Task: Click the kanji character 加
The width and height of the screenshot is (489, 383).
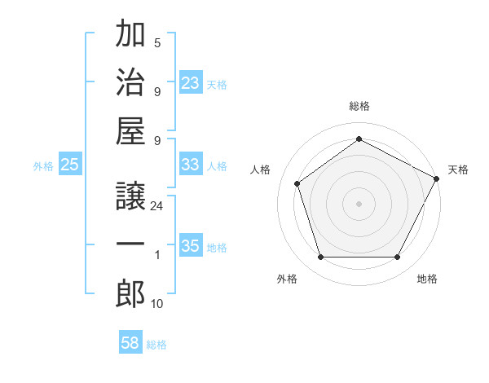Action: coord(130,36)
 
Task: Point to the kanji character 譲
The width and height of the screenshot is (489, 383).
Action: coord(130,197)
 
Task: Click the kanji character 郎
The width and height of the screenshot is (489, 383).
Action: coord(130,293)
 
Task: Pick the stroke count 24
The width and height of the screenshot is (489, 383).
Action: coord(157,206)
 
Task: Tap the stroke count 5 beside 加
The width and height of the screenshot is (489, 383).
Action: coord(157,42)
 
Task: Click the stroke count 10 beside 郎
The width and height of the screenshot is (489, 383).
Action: coord(157,303)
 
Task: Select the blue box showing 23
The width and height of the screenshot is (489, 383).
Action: coord(191,82)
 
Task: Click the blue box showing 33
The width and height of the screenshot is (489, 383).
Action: coord(191,164)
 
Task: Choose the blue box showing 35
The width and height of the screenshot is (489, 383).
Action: coord(191,246)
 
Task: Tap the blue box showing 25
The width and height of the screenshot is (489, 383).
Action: coord(70,165)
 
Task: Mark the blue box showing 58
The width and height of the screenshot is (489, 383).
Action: coord(130,343)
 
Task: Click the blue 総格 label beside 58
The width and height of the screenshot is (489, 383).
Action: coord(156,345)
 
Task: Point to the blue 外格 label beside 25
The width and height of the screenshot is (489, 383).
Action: coord(43,166)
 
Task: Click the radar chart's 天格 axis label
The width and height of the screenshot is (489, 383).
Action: coord(458,169)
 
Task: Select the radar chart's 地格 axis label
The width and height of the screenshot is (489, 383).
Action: coord(427,279)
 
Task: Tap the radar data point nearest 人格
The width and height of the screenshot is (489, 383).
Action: coord(297,183)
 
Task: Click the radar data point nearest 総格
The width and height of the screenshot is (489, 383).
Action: coord(359,139)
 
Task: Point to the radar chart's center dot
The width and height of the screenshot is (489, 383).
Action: coord(359,203)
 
